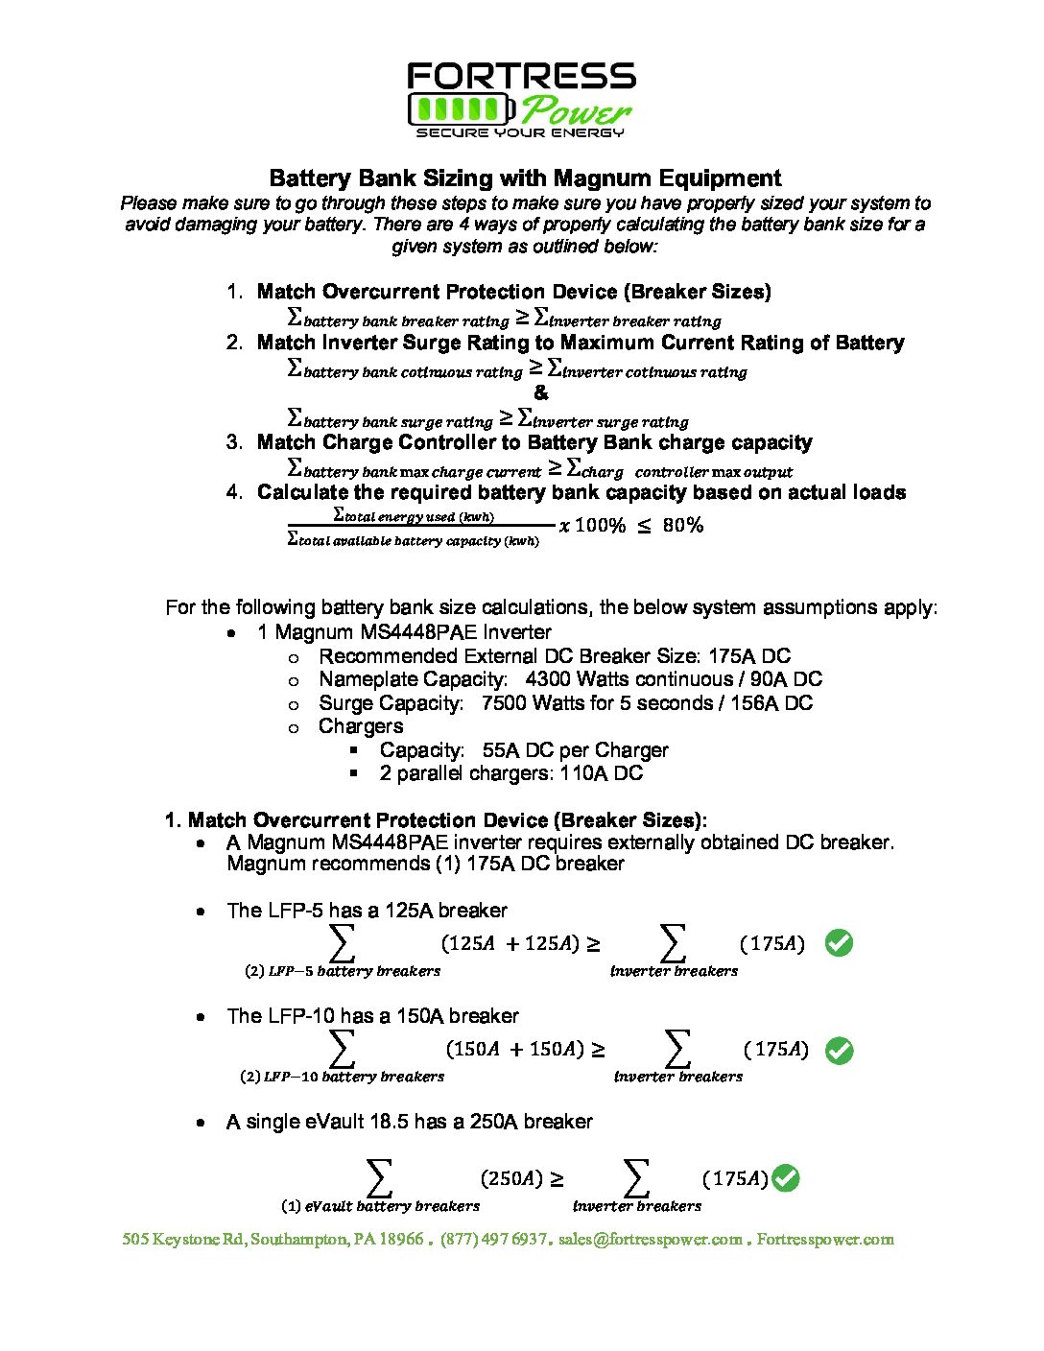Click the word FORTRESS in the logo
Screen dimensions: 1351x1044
pos(521,77)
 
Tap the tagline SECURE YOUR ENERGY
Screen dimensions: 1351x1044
pos(520,132)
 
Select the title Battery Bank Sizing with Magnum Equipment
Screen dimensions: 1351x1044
pos(525,178)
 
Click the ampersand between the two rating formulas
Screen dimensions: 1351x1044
pos(541,393)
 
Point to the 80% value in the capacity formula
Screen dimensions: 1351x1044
pos(682,525)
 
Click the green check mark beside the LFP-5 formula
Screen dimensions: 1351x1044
pos(839,943)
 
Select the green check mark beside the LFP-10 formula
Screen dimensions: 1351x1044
pos(839,1051)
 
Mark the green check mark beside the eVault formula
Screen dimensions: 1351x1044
pos(785,1178)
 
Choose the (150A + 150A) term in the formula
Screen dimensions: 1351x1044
pos(514,1049)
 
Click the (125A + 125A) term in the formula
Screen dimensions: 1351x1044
pos(510,943)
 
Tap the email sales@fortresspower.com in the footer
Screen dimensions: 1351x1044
pos(650,1239)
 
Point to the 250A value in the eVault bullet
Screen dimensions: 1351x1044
pos(496,1122)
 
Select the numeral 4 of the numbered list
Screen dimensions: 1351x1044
pos(233,492)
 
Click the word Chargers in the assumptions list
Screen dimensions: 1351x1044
pos(361,726)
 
